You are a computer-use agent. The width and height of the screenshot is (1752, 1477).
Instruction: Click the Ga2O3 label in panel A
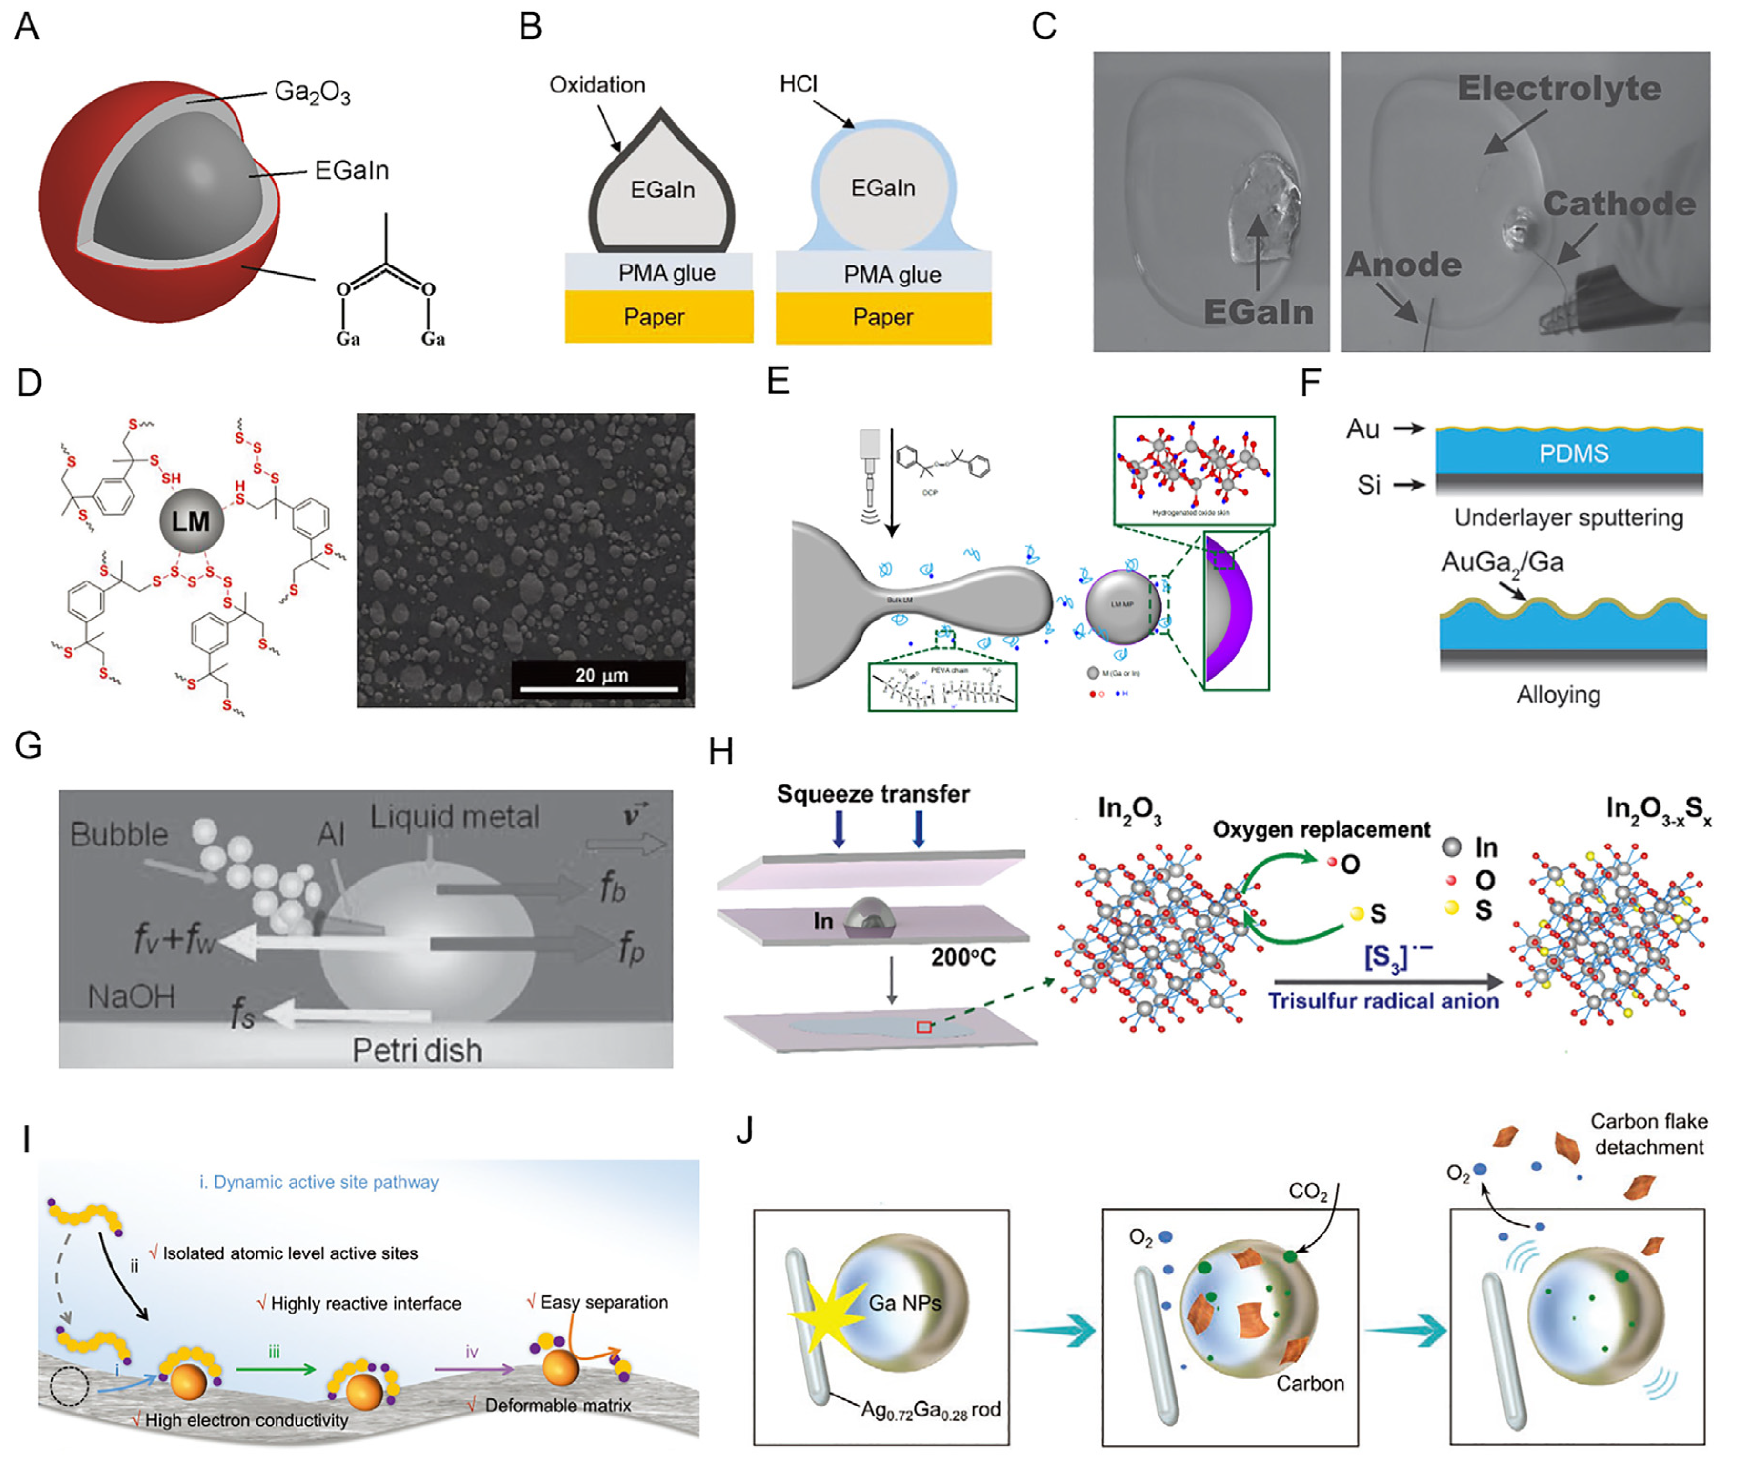pos(311,92)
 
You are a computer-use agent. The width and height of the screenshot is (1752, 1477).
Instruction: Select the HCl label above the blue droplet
pos(798,84)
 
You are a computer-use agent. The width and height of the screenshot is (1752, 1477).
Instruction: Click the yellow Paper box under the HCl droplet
pos(883,317)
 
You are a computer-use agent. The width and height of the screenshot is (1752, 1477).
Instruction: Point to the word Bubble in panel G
pos(119,835)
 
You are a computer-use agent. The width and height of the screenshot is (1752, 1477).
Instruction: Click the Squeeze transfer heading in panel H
pos(872,794)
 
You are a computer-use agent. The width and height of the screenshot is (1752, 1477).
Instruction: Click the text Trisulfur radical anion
pos(1383,1001)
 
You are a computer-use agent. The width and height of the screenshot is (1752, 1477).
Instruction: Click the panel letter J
pos(744,1131)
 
